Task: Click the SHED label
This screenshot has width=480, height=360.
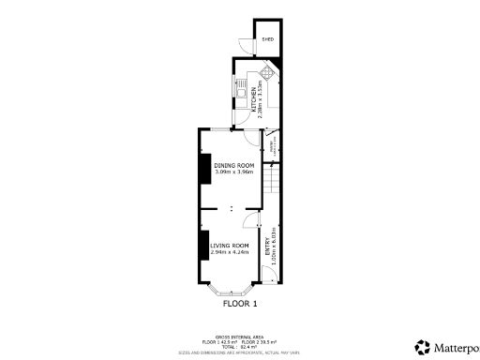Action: coord(267,39)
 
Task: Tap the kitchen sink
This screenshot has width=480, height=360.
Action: coord(241,94)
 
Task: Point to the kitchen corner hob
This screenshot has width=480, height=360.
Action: coord(268,72)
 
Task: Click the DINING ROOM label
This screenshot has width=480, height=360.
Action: coord(233,165)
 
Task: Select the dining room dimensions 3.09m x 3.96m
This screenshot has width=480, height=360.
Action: coord(233,172)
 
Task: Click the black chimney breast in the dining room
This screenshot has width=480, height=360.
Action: coord(203,168)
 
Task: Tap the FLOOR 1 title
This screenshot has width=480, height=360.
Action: coord(239,304)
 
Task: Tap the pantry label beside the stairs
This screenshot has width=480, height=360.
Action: coord(273,146)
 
